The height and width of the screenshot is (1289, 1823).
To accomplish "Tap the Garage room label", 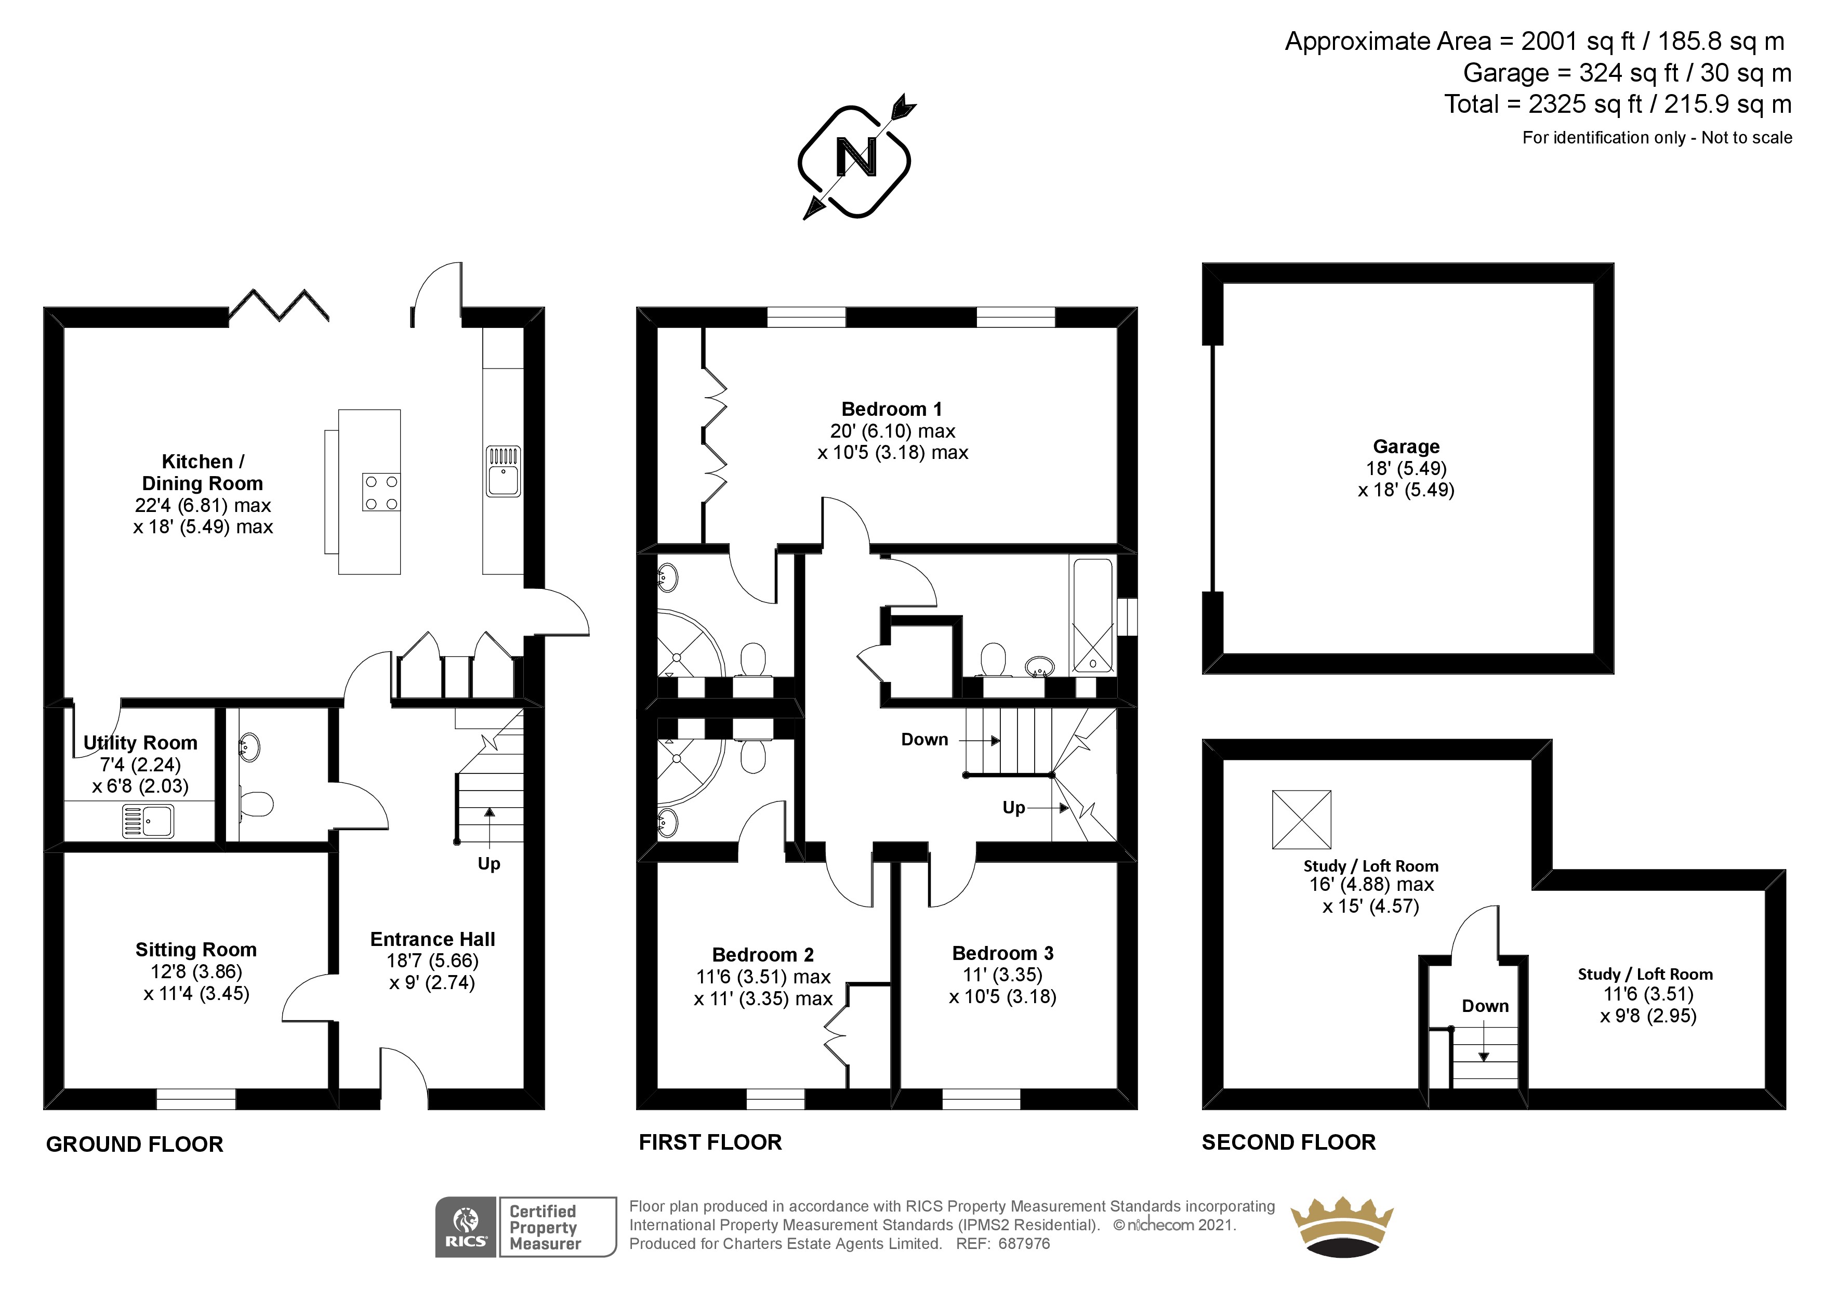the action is (1406, 446).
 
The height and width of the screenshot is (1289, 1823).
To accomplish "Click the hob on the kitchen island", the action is (381, 492).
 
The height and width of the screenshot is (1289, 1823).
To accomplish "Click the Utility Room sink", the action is (148, 821).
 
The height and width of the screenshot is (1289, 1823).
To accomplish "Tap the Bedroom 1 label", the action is (892, 409).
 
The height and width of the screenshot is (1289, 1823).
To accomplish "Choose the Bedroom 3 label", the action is (1003, 953).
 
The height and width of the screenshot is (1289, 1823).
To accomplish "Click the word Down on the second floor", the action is (1485, 1006).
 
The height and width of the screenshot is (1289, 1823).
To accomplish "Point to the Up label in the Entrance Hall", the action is (489, 864).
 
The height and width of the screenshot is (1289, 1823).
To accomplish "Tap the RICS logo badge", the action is (466, 1227).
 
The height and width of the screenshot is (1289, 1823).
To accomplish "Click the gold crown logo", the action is (1342, 1228).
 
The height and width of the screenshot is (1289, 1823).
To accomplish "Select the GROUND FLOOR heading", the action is (135, 1145).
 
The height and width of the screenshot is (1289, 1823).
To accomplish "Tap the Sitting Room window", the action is (196, 1099).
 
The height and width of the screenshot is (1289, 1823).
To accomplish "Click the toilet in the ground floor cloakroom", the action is (255, 803).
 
